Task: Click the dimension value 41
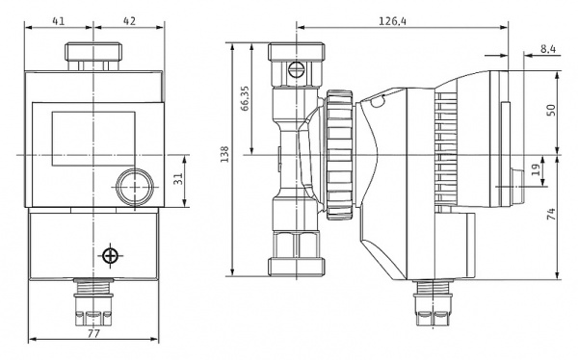(x=58, y=21)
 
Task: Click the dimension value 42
(x=129, y=21)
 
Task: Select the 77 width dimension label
(x=93, y=334)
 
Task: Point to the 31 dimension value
(x=178, y=179)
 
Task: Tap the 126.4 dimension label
(x=393, y=21)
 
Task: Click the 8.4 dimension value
(x=548, y=49)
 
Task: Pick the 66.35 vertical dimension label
(x=245, y=98)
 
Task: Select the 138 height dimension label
(x=224, y=154)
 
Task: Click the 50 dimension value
(x=551, y=110)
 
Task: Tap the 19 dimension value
(x=538, y=168)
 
